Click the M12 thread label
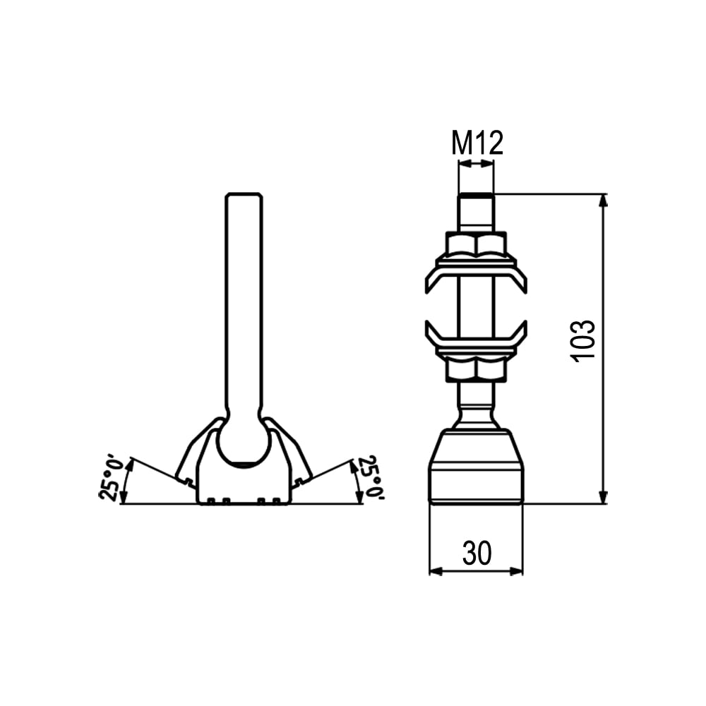(x=477, y=143)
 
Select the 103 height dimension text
(x=583, y=341)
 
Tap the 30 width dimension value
(x=477, y=554)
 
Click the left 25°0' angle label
(x=111, y=479)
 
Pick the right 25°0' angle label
(x=370, y=478)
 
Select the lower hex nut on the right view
(x=476, y=370)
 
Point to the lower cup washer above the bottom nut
(x=476, y=337)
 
